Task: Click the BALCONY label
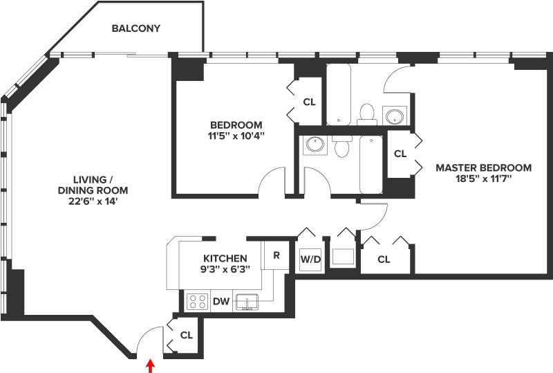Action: pyautogui.click(x=136, y=29)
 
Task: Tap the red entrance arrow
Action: pyautogui.click(x=150, y=365)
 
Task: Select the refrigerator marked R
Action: pyautogui.click(x=276, y=254)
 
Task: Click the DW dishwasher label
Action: pyautogui.click(x=221, y=302)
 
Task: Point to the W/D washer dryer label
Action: pyautogui.click(x=309, y=260)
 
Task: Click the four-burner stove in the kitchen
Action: pyautogui.click(x=197, y=302)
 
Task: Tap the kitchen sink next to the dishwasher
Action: pyautogui.click(x=247, y=302)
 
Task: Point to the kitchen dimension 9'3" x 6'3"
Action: pyautogui.click(x=226, y=269)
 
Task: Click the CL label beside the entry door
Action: pyautogui.click(x=186, y=336)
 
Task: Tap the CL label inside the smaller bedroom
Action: pyautogui.click(x=309, y=102)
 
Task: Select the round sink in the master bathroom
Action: pyautogui.click(x=395, y=115)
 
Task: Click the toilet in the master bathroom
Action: pyautogui.click(x=368, y=113)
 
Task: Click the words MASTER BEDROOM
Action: pyautogui.click(x=483, y=168)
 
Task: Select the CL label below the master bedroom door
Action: pyautogui.click(x=384, y=260)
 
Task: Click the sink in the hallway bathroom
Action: pyautogui.click(x=315, y=145)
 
